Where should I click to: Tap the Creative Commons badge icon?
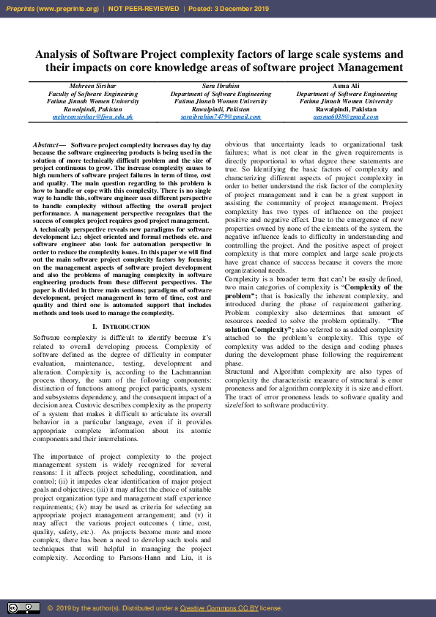click(23, 607)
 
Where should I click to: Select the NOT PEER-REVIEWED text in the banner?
click(144, 9)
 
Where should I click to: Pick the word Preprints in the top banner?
click(21, 9)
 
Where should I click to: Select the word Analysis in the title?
click(60, 55)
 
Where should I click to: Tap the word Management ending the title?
click(370, 68)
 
